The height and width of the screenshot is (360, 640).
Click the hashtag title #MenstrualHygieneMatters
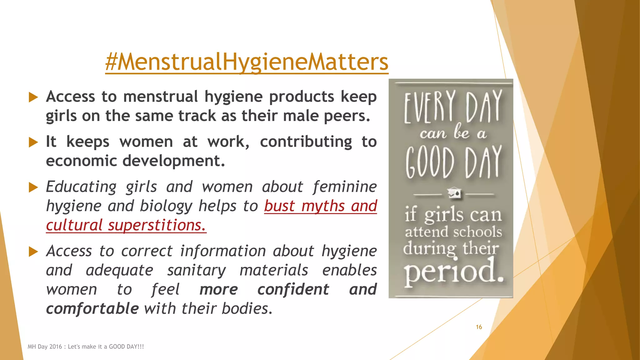247,62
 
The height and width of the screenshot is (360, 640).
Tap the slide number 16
479,327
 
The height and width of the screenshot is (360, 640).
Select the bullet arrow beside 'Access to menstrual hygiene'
33,97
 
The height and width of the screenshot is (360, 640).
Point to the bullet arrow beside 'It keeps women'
33,142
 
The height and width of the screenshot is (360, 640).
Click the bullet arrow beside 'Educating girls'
33,187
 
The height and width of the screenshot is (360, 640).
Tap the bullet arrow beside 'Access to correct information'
33,252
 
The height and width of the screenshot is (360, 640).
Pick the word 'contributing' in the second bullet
306,142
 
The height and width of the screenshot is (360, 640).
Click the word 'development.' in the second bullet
173,161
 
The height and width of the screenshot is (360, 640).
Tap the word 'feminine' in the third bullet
345,187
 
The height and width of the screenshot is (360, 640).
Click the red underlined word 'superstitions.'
157,225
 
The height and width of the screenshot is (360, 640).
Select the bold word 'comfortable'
92,309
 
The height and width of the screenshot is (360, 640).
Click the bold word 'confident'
293,289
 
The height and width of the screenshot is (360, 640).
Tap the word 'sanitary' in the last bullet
196,270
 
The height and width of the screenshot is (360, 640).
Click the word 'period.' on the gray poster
453,271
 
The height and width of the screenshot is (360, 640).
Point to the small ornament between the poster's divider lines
454,193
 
